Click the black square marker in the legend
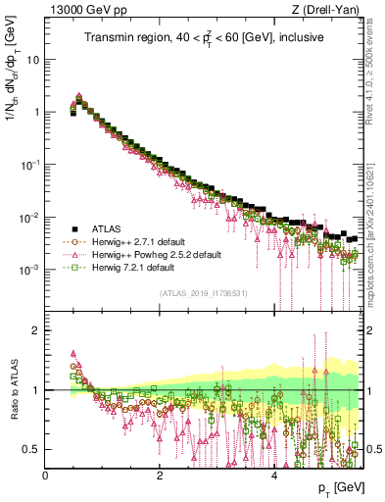(x=69, y=226)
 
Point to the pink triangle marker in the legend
(x=69, y=254)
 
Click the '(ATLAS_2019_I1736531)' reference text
(x=204, y=293)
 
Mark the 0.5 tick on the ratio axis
(x=32, y=449)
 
